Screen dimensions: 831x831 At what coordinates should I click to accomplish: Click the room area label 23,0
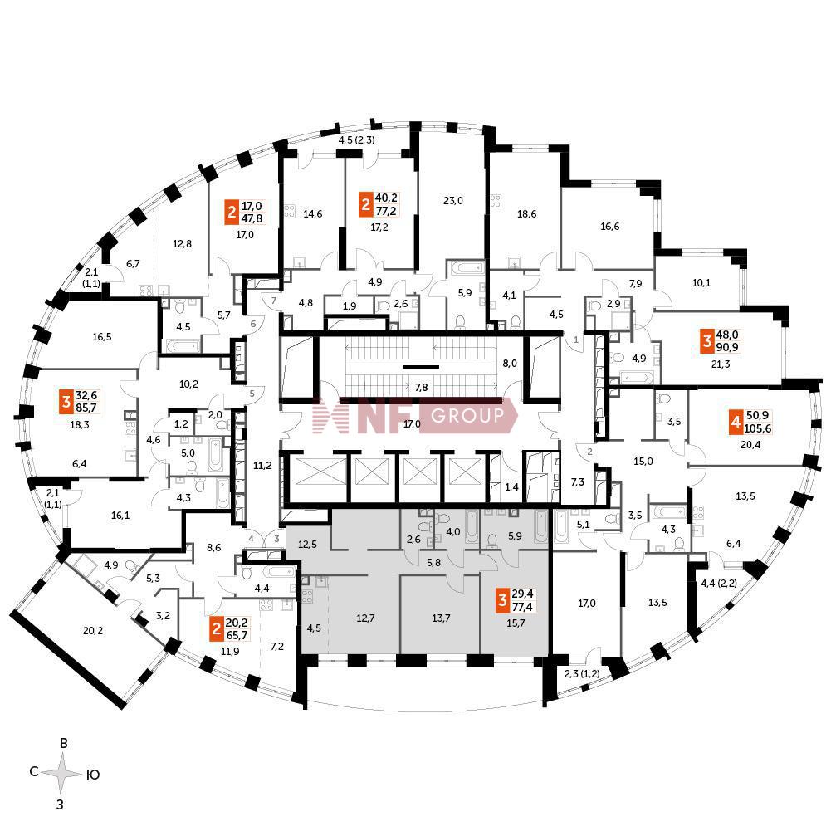452,200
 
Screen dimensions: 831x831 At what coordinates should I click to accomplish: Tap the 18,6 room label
526,214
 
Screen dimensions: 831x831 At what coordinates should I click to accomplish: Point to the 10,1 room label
701,282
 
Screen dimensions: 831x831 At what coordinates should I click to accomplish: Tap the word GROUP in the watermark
467,415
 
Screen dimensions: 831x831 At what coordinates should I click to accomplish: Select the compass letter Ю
93,775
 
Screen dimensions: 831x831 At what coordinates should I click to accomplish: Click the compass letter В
63,744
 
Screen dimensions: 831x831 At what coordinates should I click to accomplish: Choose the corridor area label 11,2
262,465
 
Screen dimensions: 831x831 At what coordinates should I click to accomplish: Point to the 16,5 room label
103,337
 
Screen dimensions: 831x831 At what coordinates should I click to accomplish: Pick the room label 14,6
312,214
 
